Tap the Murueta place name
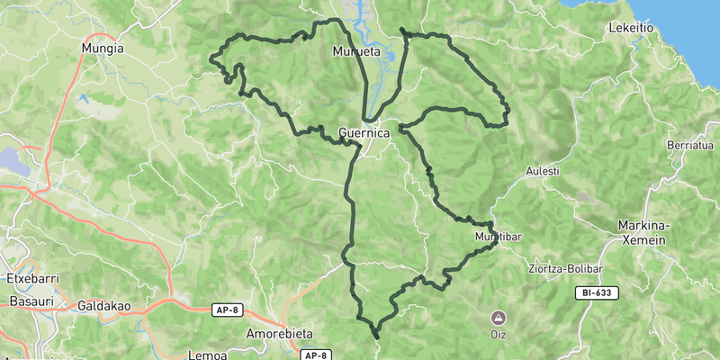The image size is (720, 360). (356, 51)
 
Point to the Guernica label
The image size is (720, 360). (364, 133)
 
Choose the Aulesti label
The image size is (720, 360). (543, 171)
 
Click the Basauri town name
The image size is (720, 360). (27, 301)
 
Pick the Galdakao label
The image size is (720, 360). (106, 306)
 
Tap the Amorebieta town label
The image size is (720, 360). (279, 334)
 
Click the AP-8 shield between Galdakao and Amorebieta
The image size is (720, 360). (227, 310)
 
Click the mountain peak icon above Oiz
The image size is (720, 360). (498, 318)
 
